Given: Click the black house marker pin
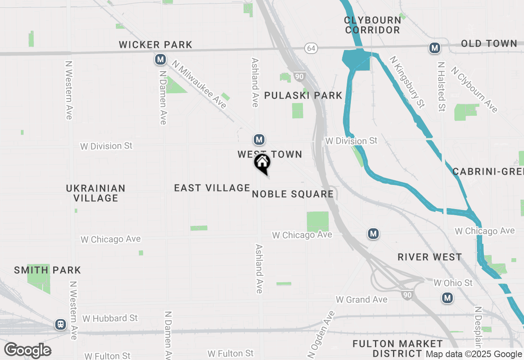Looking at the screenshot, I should (262, 163).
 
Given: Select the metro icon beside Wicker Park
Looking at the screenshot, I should (160, 60).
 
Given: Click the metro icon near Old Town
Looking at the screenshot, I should (434, 48).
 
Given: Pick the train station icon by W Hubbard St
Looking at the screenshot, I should (61, 324).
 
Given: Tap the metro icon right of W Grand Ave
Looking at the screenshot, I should (447, 298).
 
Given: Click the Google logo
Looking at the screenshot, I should (27, 351).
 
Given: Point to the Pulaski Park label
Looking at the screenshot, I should (303, 96).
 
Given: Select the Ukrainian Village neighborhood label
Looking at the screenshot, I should (96, 193).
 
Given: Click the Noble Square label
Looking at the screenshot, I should (293, 194).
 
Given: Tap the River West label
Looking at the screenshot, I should (430, 257).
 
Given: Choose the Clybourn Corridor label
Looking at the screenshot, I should (373, 25).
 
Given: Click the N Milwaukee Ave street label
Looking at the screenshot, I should (199, 85).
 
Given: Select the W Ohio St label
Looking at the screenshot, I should (453, 283).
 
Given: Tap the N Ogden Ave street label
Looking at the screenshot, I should (321, 333).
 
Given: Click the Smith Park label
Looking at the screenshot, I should (47, 270).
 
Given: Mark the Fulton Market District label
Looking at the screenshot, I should (398, 349).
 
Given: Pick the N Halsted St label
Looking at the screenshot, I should (441, 87).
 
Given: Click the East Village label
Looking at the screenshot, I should (212, 188).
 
